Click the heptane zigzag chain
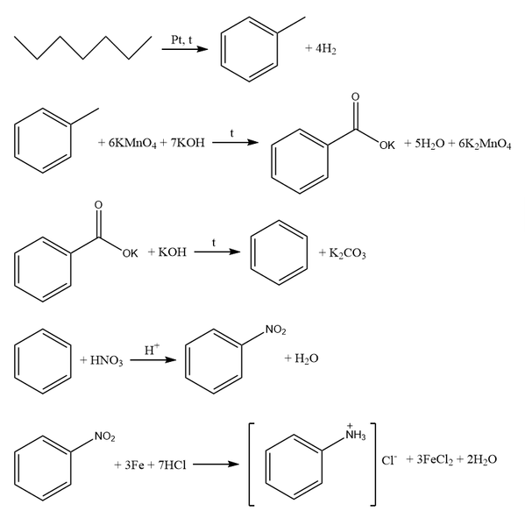[82, 48]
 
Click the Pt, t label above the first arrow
[181, 39]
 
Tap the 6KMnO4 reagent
[132, 144]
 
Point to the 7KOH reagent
[188, 143]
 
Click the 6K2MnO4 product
[485, 144]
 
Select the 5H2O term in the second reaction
[429, 144]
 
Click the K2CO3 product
[347, 253]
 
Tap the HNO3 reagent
[106, 360]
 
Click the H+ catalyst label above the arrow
[152, 349]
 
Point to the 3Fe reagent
[134, 465]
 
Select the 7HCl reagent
[172, 465]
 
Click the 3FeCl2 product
[435, 460]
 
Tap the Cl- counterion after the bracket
[389, 460]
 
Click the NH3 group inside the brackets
[356, 434]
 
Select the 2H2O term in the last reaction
[482, 460]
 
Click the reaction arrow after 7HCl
[216, 465]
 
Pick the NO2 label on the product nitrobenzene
[276, 330]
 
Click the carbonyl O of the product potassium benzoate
[355, 96]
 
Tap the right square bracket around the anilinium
[374, 464]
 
